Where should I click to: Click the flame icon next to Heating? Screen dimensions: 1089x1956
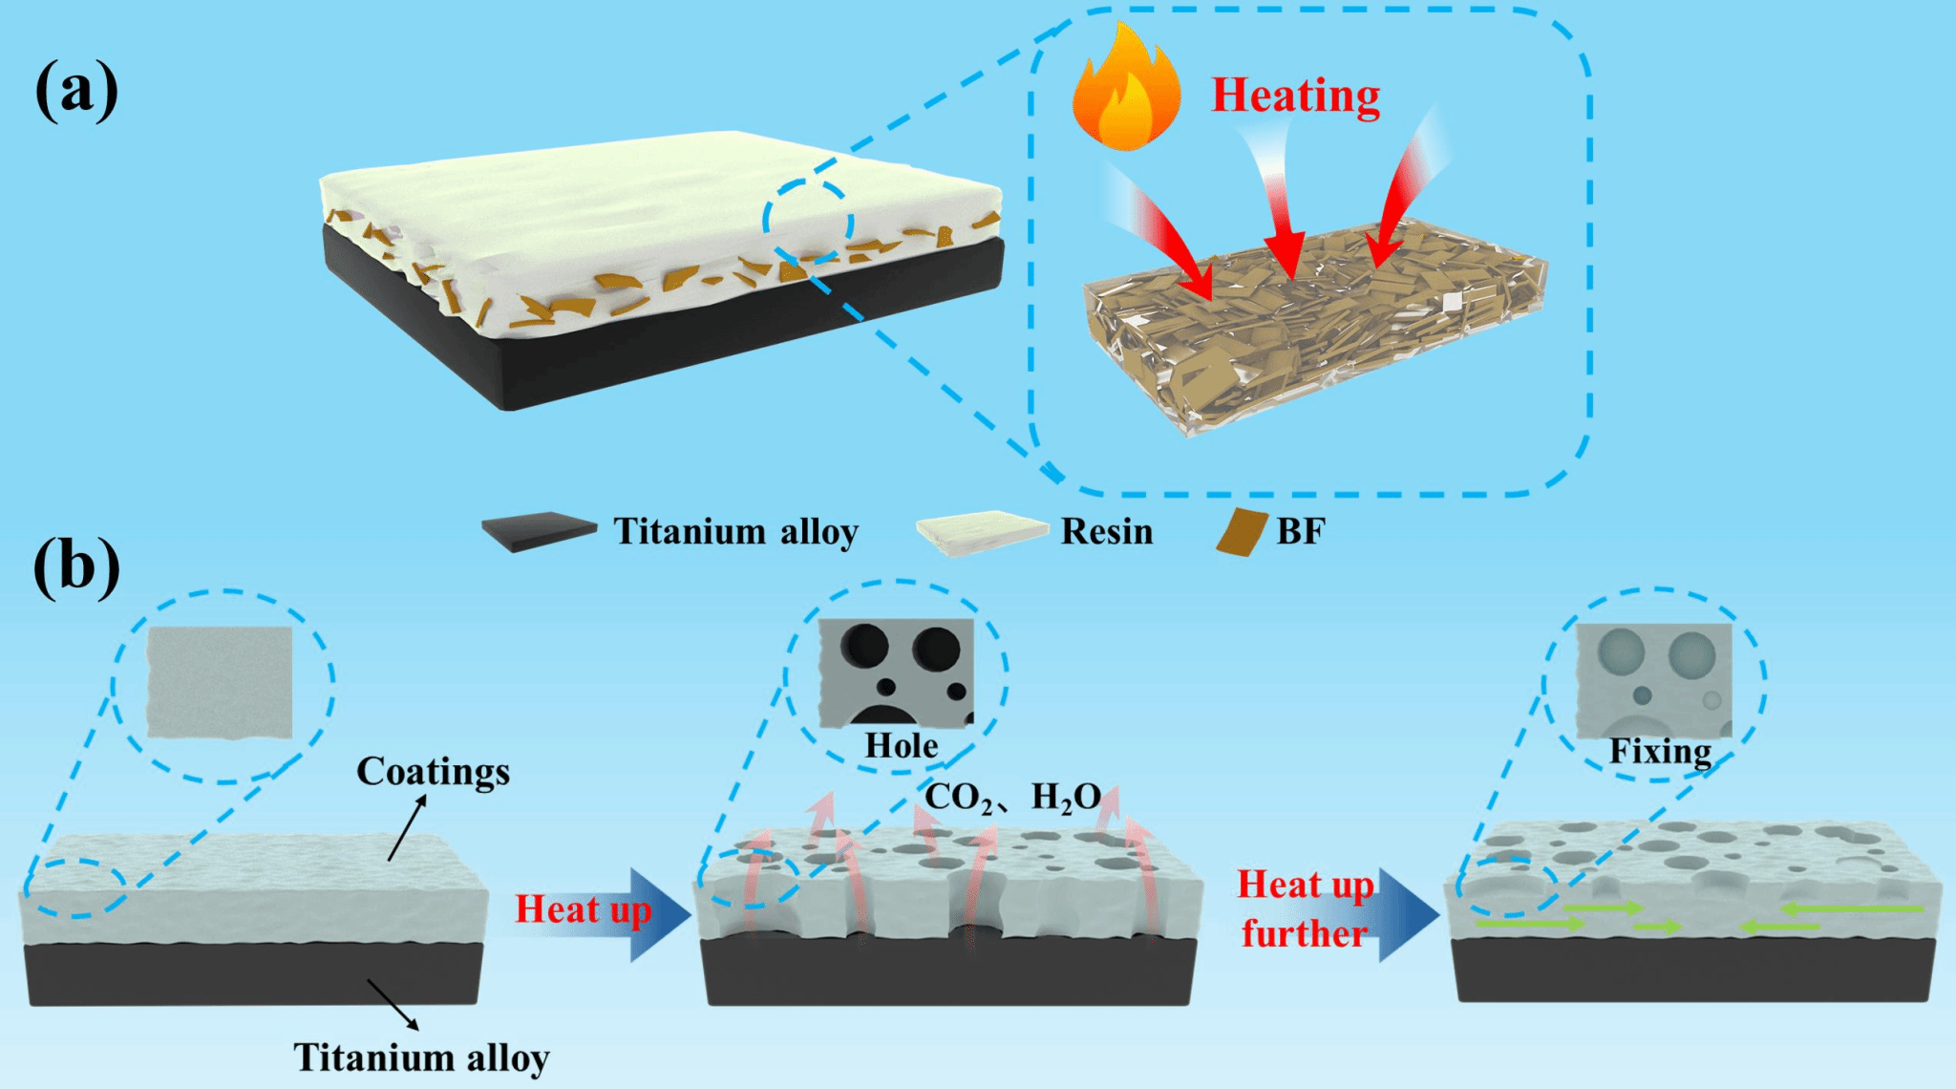point(1125,91)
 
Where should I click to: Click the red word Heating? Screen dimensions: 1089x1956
point(1295,96)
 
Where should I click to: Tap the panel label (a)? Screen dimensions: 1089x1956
point(76,92)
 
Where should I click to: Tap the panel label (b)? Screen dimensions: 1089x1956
point(76,567)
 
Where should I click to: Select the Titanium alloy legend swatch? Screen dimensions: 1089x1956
point(539,532)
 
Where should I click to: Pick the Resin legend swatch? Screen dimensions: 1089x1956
point(982,532)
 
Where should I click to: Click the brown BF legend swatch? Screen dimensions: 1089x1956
point(1242,532)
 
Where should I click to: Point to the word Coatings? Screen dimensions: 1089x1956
point(433,771)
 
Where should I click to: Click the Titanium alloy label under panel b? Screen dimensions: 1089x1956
point(420,1057)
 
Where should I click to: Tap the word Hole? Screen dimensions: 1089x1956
point(901,746)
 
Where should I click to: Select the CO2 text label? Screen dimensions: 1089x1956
point(959,797)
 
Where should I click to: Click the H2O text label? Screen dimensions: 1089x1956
point(1066,797)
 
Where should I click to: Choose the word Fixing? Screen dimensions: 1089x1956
point(1660,752)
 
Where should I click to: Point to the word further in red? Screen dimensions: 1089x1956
point(1304,933)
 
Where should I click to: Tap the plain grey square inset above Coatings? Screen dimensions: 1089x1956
point(220,682)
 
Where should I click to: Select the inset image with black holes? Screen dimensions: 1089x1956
point(896,672)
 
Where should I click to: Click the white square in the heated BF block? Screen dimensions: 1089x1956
point(1452,303)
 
